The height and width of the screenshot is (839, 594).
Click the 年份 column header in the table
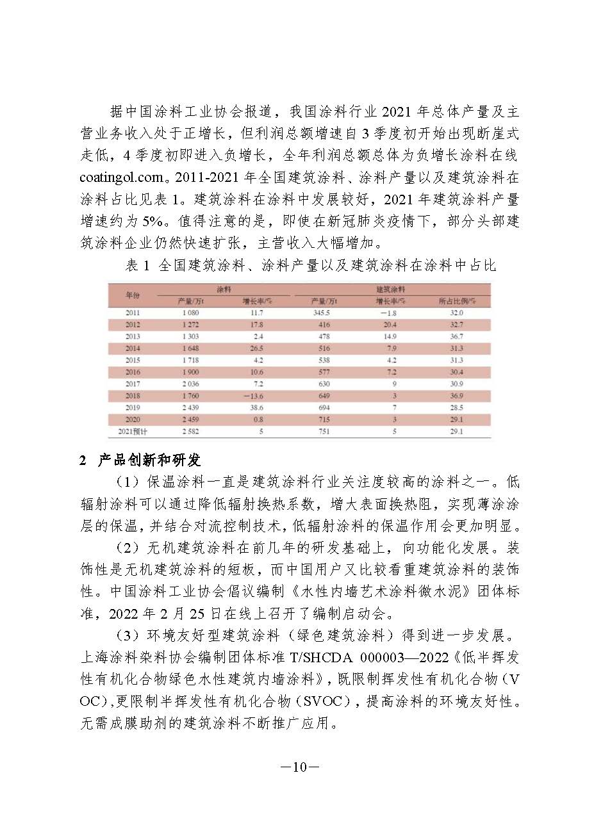pyautogui.click(x=132, y=295)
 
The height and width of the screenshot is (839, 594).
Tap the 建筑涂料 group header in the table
pyautogui.click(x=390, y=289)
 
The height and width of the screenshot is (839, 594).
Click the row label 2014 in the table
pyautogui.click(x=133, y=348)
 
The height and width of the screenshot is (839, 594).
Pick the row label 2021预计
pyautogui.click(x=133, y=432)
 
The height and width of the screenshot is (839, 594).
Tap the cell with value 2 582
pyautogui.click(x=190, y=432)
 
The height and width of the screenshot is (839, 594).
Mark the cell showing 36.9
pyautogui.click(x=456, y=396)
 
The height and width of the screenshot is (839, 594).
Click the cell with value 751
pyautogui.click(x=324, y=432)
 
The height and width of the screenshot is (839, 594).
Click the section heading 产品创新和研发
pyautogui.click(x=149, y=460)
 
